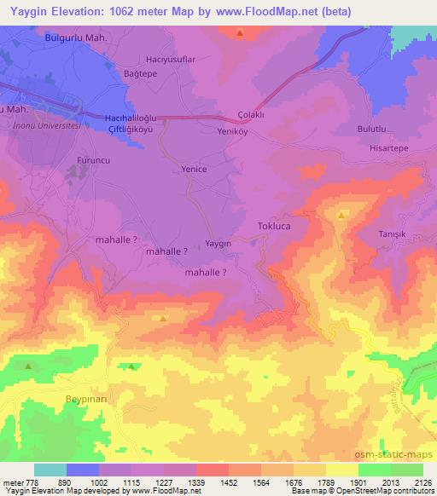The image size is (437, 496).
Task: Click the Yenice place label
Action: (x=195, y=170)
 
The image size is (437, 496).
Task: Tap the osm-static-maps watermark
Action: (x=399, y=458)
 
